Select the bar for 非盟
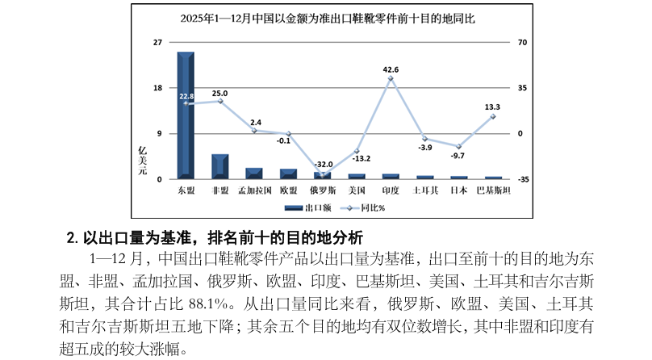pyautogui.click(x=219, y=165)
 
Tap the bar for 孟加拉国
pyautogui.click(x=254, y=173)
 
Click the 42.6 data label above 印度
pyautogui.click(x=391, y=69)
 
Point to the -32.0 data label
pyautogui.click(x=324, y=163)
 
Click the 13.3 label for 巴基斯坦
pyautogui.click(x=492, y=107)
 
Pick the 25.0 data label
pyautogui.click(x=219, y=94)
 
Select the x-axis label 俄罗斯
pyautogui.click(x=323, y=190)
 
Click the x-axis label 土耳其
pyautogui.click(x=425, y=190)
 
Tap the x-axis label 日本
pyautogui.click(x=459, y=190)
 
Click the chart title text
pyautogui.click(x=326, y=18)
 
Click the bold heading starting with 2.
pyautogui.click(x=215, y=238)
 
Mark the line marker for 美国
pyautogui.click(x=357, y=151)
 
